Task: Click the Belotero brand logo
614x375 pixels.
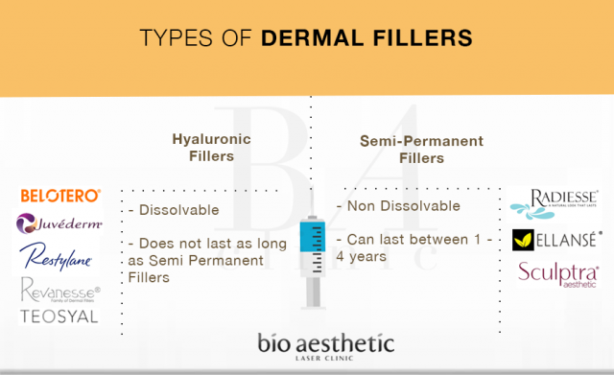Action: pos(59,196)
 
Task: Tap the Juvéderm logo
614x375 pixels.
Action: pos(59,223)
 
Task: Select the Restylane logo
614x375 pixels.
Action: pos(59,256)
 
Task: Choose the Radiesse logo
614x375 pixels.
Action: pos(557,202)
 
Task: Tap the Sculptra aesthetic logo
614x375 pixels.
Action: pos(557,273)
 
